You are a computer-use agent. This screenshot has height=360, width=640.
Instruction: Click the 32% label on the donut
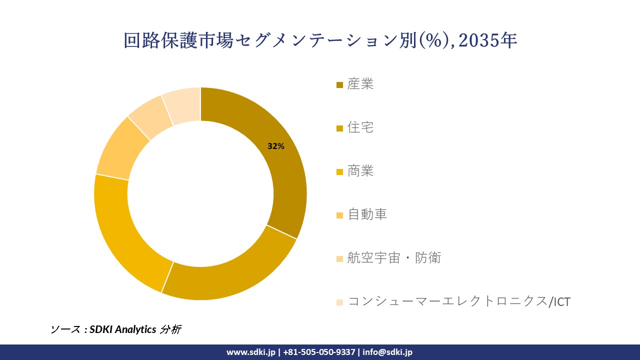[276, 146]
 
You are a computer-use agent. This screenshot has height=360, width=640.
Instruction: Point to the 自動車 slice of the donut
[120, 147]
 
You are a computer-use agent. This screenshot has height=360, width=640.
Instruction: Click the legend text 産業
[360, 84]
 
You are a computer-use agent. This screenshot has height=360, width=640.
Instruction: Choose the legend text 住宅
[360, 127]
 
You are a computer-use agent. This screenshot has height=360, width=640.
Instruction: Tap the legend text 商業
[360, 171]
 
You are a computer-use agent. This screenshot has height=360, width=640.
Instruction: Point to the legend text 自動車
[367, 214]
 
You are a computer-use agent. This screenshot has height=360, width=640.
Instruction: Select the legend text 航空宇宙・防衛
[394, 258]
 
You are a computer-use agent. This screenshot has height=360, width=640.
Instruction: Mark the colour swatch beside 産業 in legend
[339, 85]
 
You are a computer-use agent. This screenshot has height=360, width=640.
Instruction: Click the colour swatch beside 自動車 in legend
[339, 215]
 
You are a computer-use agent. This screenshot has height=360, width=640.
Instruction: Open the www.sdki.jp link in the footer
[251, 352]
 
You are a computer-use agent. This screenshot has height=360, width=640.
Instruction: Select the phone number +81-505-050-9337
[319, 352]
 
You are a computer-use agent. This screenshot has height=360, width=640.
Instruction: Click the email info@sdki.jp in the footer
[387, 352]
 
